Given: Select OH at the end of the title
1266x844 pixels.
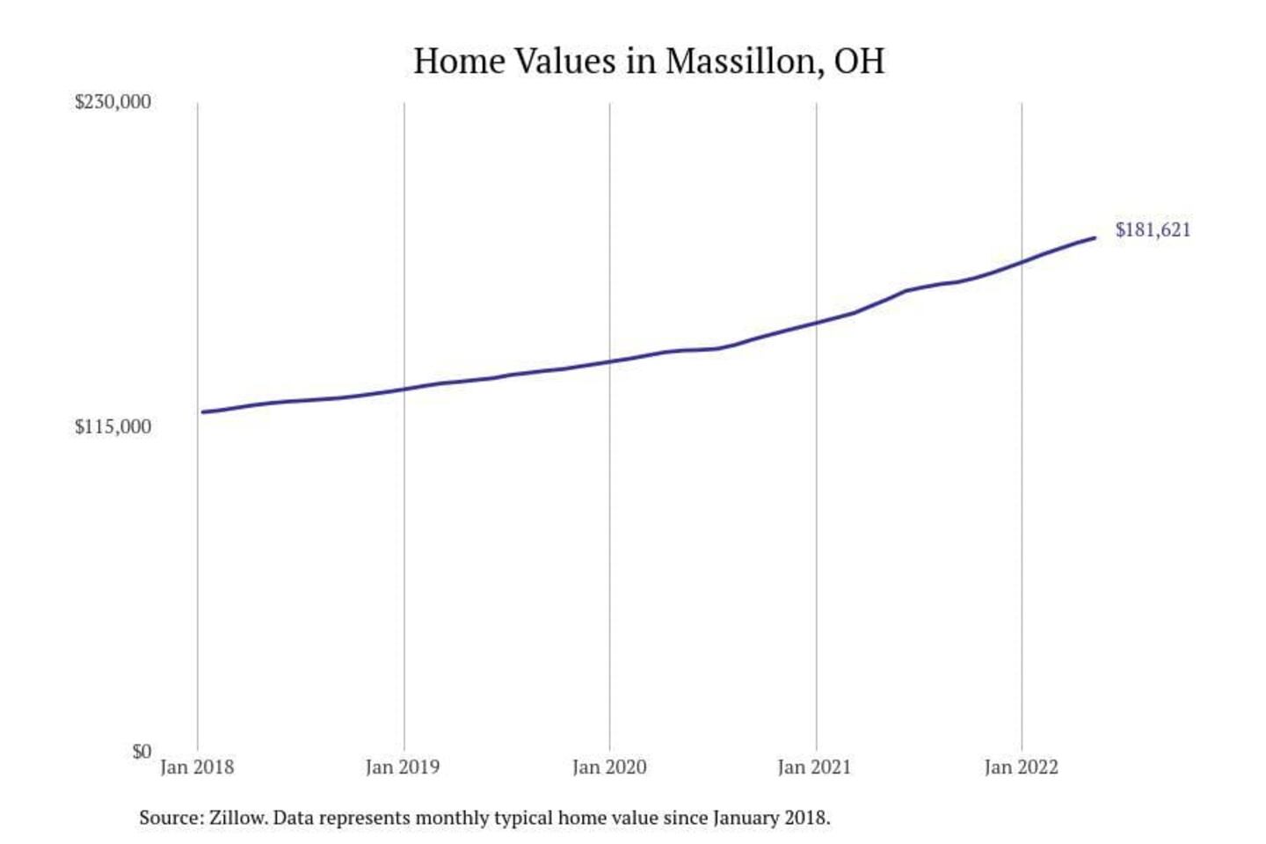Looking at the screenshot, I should (859, 62).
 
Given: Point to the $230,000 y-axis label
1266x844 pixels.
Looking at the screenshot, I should (113, 102).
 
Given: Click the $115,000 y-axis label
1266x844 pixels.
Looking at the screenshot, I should (113, 427).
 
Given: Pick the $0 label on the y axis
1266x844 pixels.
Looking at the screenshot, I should (142, 752).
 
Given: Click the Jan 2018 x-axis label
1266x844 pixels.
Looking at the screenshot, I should (197, 768).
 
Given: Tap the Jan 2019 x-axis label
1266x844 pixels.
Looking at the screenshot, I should (403, 768).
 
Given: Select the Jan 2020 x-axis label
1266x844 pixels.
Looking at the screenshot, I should (609, 768).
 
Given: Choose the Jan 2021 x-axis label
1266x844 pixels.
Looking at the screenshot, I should (815, 768).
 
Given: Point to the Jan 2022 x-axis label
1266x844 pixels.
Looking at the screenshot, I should (1021, 768).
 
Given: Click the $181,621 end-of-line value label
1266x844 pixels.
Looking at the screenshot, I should (1153, 230).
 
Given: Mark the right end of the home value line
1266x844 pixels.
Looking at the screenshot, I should (1095, 237).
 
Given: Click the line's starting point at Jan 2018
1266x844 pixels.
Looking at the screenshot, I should (203, 411).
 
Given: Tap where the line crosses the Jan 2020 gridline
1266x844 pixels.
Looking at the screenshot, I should (610, 361).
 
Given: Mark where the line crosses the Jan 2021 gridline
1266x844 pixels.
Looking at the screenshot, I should (816, 323).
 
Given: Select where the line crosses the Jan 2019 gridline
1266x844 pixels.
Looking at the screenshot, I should (404, 389).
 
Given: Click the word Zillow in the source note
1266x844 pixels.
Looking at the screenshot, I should (237, 818).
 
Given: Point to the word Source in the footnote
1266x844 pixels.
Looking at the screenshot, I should (171, 818).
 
